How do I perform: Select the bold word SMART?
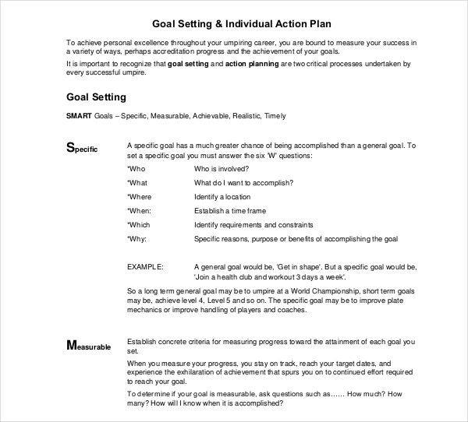coord(79,117)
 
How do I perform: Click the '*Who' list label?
coord(136,169)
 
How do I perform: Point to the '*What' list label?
coord(138,183)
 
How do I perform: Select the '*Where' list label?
coord(140,197)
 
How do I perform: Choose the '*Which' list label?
coord(140,224)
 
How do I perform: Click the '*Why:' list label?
coord(137,238)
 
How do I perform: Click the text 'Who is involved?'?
coord(222,169)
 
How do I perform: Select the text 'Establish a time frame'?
coord(229,211)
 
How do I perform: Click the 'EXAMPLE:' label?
coord(145,266)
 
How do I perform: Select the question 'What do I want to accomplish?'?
coord(243,183)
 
